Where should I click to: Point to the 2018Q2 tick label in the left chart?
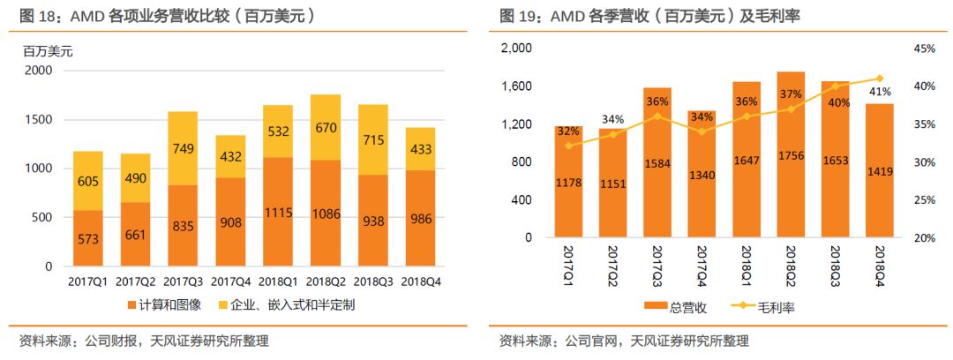tap(326, 283)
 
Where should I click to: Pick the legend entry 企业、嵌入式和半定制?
tap(286, 305)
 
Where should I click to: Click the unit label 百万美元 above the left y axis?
tap(48, 51)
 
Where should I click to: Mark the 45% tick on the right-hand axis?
tap(925, 49)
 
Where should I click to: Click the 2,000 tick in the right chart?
tap(516, 49)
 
